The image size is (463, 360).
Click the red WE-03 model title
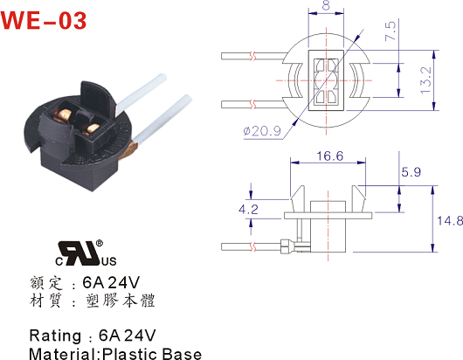tap(44, 21)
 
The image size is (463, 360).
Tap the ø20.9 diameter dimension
tap(262, 131)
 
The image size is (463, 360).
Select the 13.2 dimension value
tap(425, 80)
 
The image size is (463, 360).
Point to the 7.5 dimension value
tap(390, 31)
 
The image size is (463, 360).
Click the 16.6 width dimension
tap(330, 156)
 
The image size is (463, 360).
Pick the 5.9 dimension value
tap(411, 171)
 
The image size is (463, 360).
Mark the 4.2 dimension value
tap(248, 210)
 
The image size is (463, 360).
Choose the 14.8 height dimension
tap(450, 220)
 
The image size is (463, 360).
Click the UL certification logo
tap(86, 253)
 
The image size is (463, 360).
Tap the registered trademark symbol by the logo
tap(100, 243)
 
